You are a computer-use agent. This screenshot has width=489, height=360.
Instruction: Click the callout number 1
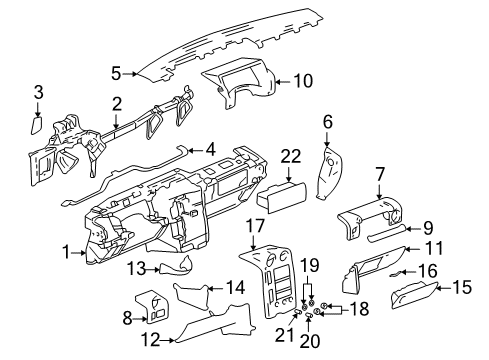tap(67, 254)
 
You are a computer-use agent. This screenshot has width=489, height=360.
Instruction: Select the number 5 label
tap(117, 72)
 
